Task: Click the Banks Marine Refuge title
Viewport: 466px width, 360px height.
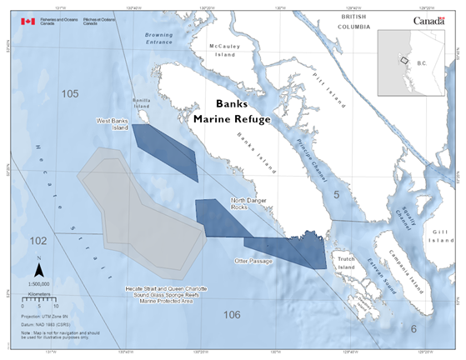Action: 232,112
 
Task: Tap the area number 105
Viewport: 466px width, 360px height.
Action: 70,93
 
